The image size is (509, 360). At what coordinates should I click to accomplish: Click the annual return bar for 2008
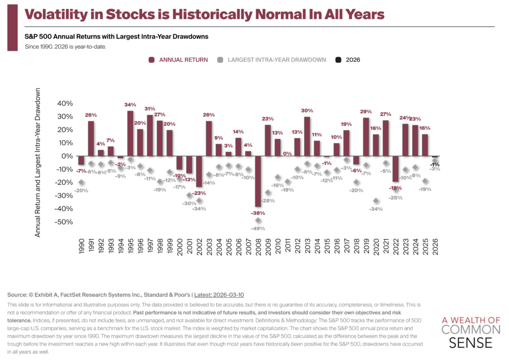(x=258, y=181)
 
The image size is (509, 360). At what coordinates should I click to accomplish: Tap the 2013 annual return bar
(x=307, y=136)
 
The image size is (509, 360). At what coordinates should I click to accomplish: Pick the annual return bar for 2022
(x=396, y=169)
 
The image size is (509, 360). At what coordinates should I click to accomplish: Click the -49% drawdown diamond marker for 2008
(x=258, y=220)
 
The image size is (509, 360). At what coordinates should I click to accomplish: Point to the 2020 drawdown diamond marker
(x=376, y=201)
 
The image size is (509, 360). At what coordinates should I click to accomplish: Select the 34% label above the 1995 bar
(x=130, y=105)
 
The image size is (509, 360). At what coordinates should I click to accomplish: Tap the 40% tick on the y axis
(x=66, y=103)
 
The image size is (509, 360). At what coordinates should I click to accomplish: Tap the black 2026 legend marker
(x=338, y=60)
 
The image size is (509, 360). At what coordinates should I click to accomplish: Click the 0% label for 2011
(x=287, y=154)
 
